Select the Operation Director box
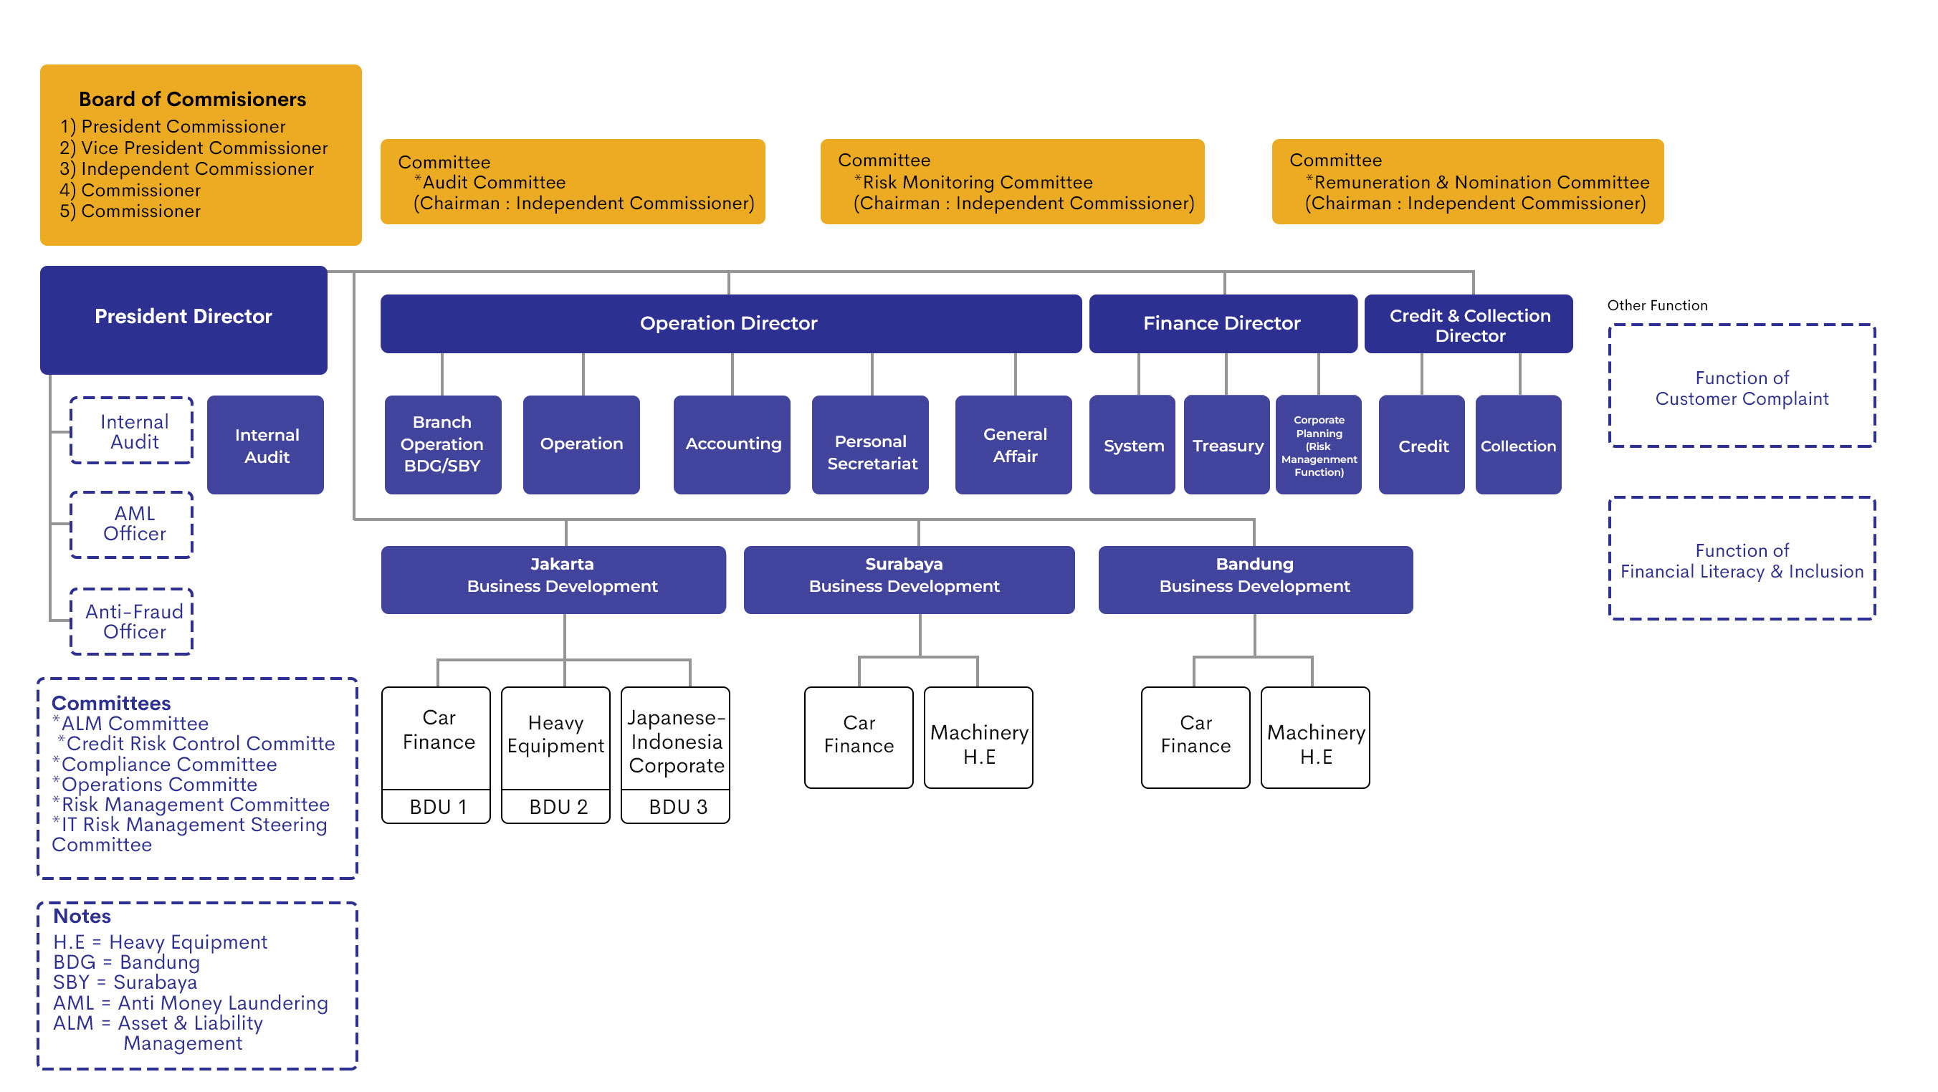point(730,323)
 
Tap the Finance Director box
point(1223,323)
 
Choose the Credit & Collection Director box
point(1469,325)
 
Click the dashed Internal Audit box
point(133,431)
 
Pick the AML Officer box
point(133,525)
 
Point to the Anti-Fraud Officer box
point(133,622)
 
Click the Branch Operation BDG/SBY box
point(442,444)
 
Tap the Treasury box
point(1227,446)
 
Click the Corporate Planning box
point(1319,446)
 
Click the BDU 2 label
point(558,808)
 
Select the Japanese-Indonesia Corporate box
point(676,742)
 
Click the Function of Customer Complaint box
point(1742,386)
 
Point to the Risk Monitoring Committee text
point(976,182)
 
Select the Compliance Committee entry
point(168,765)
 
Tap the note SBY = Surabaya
point(125,983)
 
